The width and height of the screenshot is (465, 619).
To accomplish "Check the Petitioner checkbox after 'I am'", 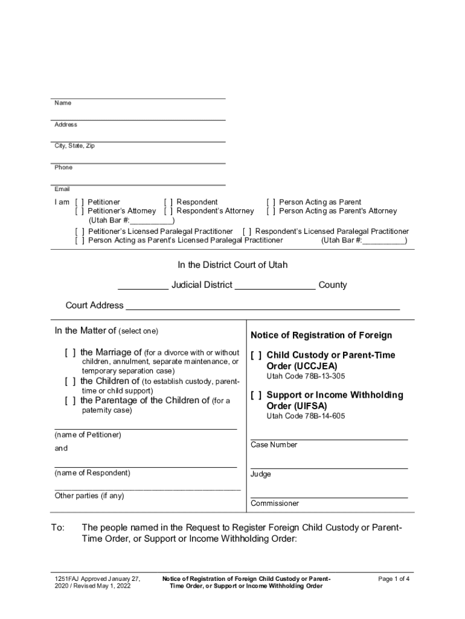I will tap(80, 202).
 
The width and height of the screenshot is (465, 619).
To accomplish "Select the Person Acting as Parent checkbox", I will tap(271, 202).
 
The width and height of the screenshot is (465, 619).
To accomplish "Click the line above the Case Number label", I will tap(329, 439).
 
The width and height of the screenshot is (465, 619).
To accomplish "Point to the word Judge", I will tap(261, 474).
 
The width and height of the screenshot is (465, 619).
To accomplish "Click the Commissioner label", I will tap(275, 503).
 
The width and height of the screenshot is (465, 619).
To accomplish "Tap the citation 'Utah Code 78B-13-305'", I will tap(306, 376).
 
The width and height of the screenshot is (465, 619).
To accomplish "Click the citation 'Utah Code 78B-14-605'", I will tap(306, 416).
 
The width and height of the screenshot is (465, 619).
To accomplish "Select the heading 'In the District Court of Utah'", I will tap(232, 265).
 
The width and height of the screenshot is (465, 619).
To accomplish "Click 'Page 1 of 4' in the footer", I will tap(394, 578).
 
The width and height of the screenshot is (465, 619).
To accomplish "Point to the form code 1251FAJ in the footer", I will tap(67, 578).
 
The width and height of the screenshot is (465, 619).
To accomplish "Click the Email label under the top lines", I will tap(62, 189).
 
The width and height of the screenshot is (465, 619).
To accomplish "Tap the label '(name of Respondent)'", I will tap(92, 473).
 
